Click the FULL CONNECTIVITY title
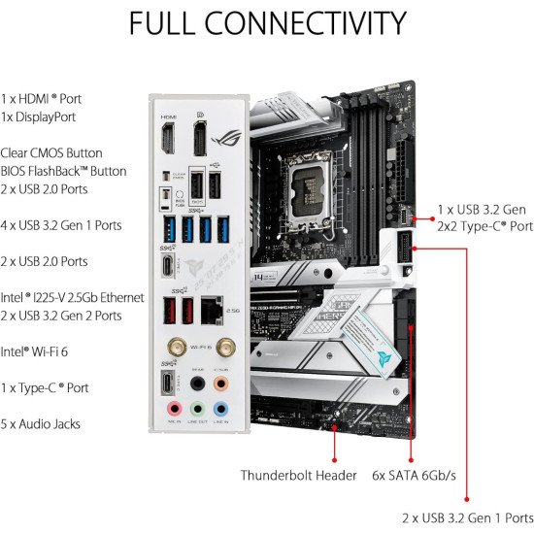(267, 22)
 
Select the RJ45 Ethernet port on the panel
(211, 309)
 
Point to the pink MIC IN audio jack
(173, 410)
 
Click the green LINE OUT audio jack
(197, 410)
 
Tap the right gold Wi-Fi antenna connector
(223, 345)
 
